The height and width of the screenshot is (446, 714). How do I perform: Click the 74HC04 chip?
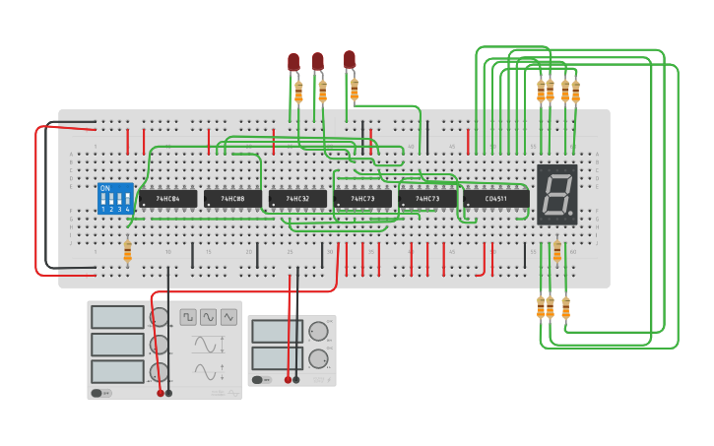167,199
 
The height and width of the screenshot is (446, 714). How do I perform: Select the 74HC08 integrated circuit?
232,199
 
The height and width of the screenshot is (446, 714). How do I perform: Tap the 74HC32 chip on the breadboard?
297,199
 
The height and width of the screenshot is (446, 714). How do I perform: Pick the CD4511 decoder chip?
495,199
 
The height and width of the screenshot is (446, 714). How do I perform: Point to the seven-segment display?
556,194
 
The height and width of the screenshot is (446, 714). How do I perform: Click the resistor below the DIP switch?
127,253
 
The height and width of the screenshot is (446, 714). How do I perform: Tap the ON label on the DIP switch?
105,187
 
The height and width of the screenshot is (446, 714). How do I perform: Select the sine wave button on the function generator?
209,317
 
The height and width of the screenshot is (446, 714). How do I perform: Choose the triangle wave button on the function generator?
229,317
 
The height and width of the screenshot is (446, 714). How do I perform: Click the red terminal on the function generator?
161,393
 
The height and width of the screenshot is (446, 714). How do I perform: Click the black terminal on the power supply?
296,379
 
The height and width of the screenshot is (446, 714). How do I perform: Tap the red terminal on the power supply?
288,379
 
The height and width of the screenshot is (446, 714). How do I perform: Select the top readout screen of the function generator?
118,317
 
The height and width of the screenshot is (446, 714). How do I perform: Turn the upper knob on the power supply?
318,332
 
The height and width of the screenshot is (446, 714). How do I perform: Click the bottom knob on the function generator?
158,372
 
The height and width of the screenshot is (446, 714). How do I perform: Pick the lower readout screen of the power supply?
277,357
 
